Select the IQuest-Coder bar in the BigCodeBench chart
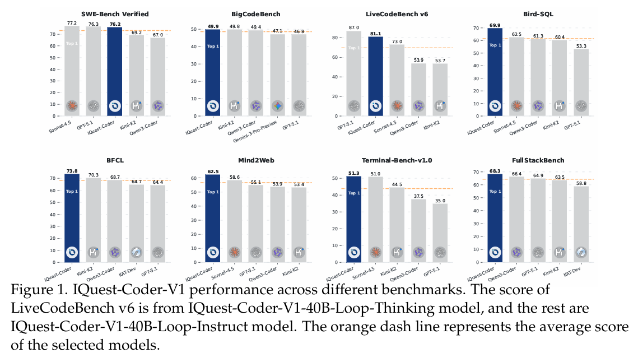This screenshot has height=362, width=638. (x=213, y=73)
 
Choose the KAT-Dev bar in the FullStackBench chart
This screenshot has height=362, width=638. (x=580, y=224)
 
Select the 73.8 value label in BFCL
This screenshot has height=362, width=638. (x=72, y=169)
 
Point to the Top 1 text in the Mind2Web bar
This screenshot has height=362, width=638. (x=213, y=192)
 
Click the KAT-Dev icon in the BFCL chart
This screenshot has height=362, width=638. (x=136, y=253)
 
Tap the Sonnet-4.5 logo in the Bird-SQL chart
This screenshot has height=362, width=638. (x=516, y=105)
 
